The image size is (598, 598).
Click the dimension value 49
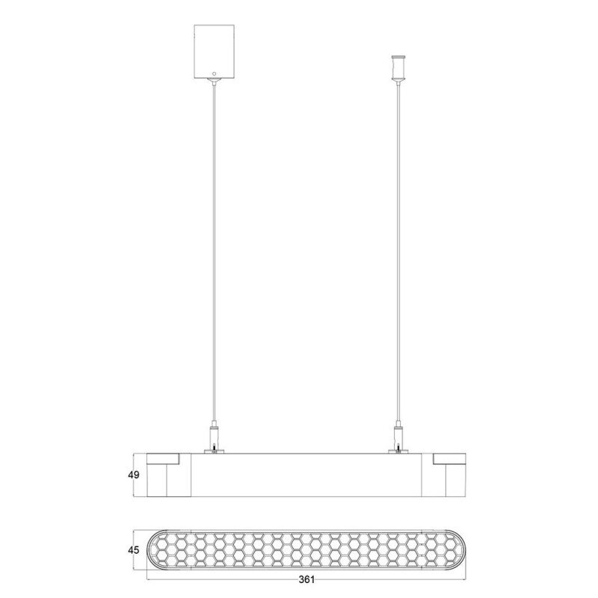click(x=134, y=475)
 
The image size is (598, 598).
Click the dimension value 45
click(x=134, y=550)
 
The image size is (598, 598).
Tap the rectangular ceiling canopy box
click(x=214, y=52)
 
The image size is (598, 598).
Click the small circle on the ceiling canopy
click(x=214, y=73)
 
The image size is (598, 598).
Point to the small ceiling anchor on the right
click(x=398, y=68)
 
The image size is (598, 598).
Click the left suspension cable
click(x=215, y=252)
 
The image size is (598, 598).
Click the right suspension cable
click(x=398, y=252)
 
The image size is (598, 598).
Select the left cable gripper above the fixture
click(x=215, y=437)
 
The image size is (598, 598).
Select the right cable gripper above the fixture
click(x=398, y=437)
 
